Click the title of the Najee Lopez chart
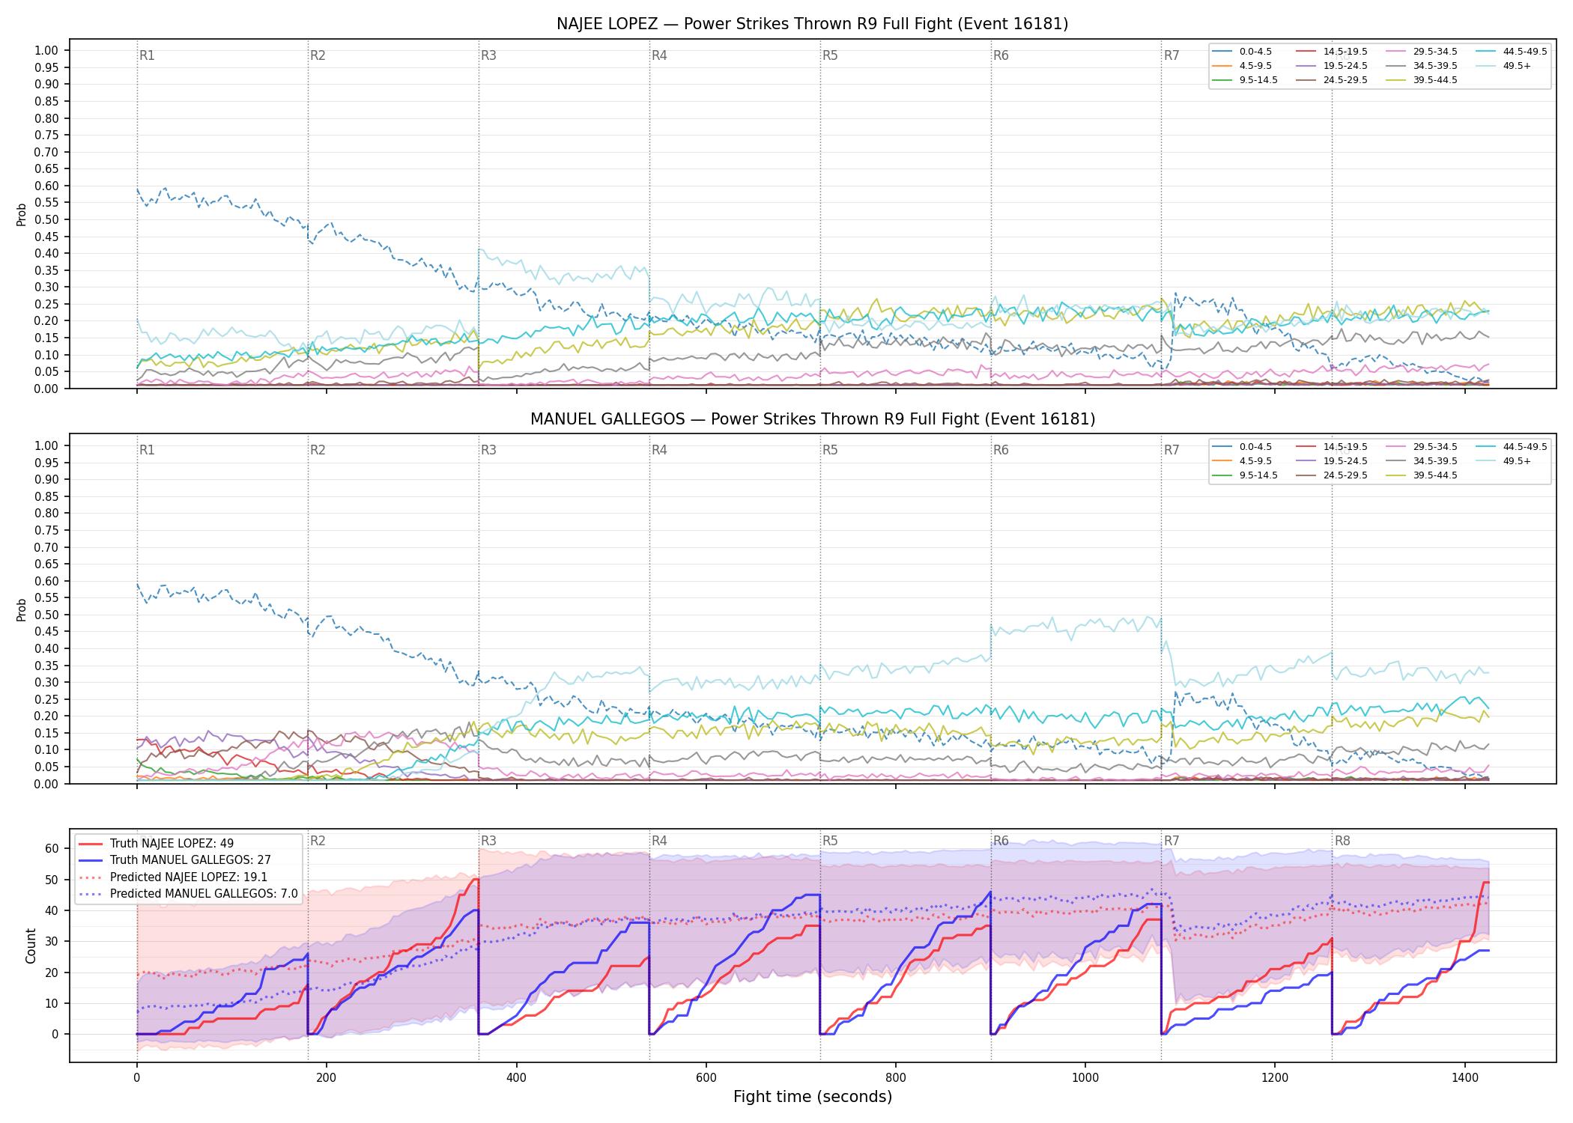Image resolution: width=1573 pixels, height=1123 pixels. coord(812,24)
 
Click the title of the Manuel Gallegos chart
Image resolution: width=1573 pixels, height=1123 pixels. coord(812,419)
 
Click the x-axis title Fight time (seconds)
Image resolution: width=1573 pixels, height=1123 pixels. coord(813,1097)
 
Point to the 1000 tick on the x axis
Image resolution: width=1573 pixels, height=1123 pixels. coord(1085,1078)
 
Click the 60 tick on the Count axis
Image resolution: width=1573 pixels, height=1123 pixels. coord(52,849)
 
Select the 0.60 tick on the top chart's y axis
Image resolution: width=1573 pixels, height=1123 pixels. coord(46,186)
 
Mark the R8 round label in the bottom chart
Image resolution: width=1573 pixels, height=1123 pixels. coord(1342,841)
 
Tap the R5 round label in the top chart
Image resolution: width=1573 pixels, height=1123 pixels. coord(830,55)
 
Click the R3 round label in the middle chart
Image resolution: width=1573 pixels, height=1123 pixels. coord(488,450)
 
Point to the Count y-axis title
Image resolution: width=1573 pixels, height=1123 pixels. coord(31,946)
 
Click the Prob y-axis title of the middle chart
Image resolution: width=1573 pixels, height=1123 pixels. coord(22,609)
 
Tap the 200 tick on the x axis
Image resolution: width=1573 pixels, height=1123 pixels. coord(326,1078)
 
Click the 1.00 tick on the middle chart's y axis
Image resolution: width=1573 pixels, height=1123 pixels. coord(46,445)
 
